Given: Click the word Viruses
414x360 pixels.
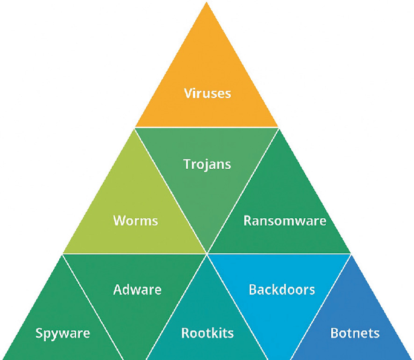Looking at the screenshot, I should [207, 93].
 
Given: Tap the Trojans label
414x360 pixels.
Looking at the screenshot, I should [207, 163].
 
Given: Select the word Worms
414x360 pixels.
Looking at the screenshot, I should [135, 220].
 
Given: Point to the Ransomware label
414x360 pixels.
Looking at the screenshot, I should [285, 220].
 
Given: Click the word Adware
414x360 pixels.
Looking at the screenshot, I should [137, 290].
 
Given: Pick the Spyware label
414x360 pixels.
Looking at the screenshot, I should [62, 333].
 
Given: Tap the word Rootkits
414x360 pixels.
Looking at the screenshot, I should [207, 333].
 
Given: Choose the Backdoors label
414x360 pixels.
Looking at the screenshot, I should [282, 290].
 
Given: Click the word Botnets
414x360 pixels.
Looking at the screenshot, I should [355, 333].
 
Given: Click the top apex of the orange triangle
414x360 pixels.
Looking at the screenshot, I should [207, 2].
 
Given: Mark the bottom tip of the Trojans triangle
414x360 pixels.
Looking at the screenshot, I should [207, 252].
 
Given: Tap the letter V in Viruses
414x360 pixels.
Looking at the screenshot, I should [187, 93].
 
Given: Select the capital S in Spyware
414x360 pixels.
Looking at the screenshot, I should [39, 333].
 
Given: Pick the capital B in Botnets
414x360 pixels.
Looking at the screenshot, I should [334, 333].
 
